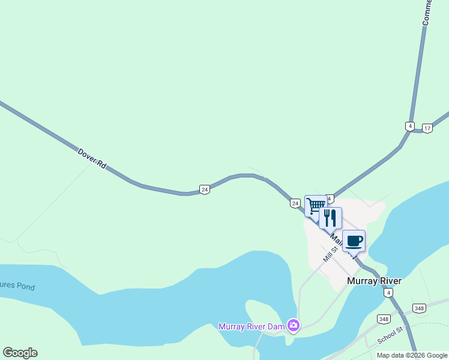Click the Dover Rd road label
[92, 158]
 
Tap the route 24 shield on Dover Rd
[205, 190]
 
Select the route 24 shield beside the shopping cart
[295, 203]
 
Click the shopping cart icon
[315, 205]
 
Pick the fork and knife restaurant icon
[330, 217]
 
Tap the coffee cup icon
[354, 241]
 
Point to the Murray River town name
[374, 281]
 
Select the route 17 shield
[427, 128]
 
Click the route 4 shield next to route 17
[410, 126]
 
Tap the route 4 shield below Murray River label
[389, 293]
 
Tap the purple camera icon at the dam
[294, 325]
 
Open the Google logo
[20, 353]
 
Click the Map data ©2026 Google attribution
[412, 355]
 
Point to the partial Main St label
[337, 240]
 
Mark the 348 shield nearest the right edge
[419, 308]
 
